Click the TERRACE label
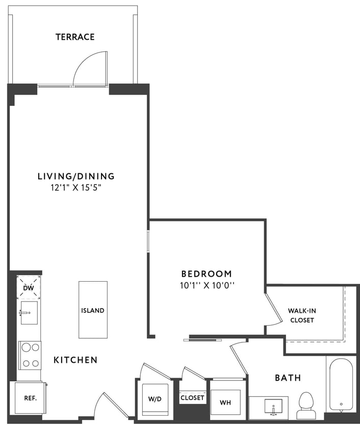[x=75, y=37]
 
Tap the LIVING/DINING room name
[x=76, y=176]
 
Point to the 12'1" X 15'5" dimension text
[x=76, y=187]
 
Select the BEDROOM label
[x=206, y=274]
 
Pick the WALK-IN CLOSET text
[x=301, y=315]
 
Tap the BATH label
[x=288, y=378]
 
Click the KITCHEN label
[x=75, y=360]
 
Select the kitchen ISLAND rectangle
[x=93, y=310]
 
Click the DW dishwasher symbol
[x=29, y=288]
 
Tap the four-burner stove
[x=30, y=355]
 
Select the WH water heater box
[x=225, y=402]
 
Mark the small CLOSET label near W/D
[x=192, y=397]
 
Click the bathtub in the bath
[x=340, y=386]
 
